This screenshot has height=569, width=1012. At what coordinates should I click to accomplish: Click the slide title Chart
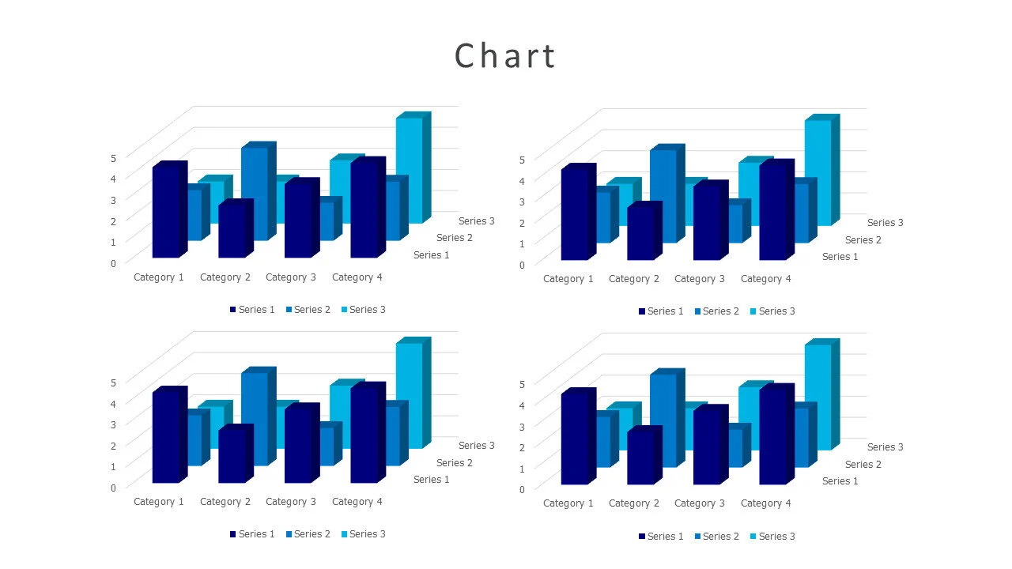[505, 56]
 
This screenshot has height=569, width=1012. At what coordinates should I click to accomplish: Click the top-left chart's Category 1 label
[159, 277]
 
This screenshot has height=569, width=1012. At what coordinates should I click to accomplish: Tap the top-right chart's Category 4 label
[766, 279]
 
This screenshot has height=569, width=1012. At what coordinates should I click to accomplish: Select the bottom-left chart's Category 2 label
[225, 502]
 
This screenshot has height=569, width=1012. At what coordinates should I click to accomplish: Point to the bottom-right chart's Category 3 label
[700, 503]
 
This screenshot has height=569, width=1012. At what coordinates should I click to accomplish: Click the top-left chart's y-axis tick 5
[113, 157]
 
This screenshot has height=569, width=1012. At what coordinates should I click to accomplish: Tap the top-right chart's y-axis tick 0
[522, 264]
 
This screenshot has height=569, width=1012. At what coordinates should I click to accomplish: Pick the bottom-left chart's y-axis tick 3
[113, 424]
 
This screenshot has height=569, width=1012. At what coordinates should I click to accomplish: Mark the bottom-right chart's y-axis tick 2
[522, 447]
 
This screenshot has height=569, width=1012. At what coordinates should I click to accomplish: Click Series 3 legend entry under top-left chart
[364, 310]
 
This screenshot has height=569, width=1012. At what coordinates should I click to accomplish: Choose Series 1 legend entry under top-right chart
[661, 311]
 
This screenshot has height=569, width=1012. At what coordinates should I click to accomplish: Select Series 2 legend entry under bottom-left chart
[308, 534]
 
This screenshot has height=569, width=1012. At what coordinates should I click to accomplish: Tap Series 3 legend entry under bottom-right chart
[772, 537]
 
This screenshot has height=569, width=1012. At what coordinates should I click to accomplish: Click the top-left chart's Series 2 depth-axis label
[455, 238]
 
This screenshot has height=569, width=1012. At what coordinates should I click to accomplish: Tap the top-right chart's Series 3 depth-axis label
[885, 223]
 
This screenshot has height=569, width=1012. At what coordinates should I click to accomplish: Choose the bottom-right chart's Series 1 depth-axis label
[840, 481]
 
